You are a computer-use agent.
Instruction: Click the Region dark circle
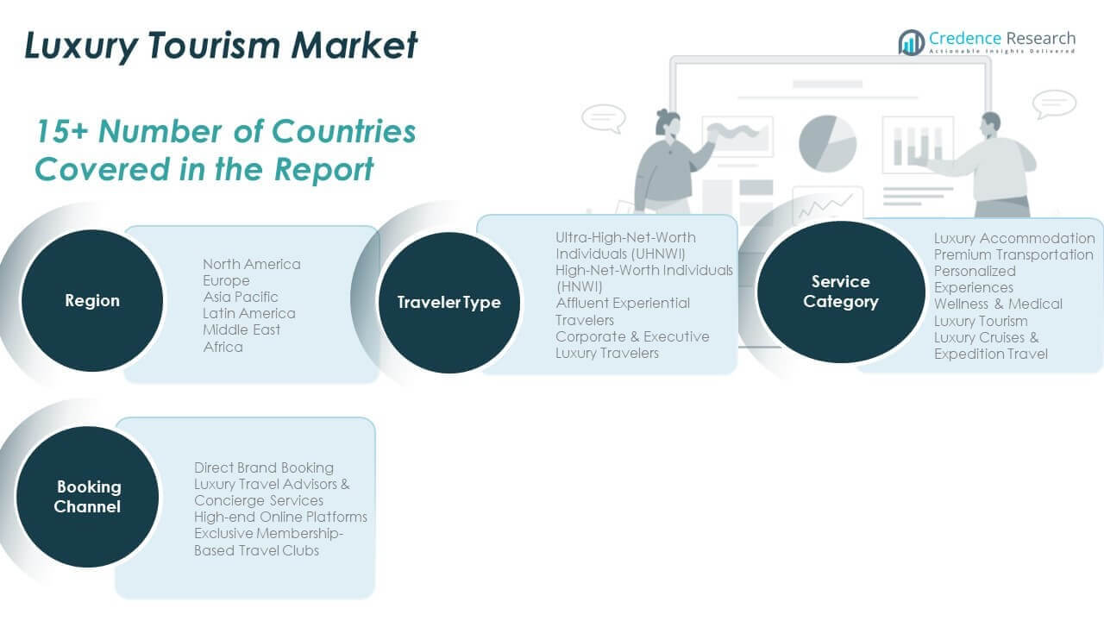[92, 300]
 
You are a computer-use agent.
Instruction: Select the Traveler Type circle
[448, 302]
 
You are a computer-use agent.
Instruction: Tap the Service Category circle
[841, 292]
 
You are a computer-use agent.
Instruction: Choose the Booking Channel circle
[87, 497]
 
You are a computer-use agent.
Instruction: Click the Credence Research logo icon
[911, 41]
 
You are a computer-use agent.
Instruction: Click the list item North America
[251, 264]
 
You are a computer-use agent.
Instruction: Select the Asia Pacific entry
[241, 297]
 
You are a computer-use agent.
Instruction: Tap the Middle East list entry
[241, 329]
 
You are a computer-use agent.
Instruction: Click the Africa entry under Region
[223, 347]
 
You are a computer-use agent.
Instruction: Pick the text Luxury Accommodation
[1014, 238]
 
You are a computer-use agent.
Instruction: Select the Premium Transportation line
[1013, 254]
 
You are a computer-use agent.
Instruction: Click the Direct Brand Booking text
[264, 467]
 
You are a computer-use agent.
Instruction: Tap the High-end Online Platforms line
[280, 517]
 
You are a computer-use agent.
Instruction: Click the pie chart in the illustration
[827, 142]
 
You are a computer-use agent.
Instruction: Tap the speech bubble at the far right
[1054, 103]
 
